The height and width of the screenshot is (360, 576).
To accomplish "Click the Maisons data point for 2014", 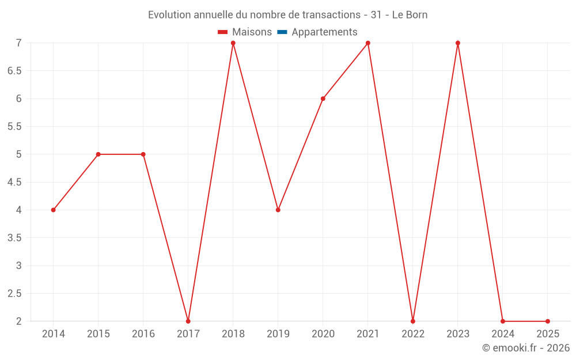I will pyautogui.click(x=54, y=210).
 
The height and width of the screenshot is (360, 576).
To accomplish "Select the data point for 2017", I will pyautogui.click(x=188, y=321).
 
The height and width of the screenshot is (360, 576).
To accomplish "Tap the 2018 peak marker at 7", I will pyautogui.click(x=233, y=43).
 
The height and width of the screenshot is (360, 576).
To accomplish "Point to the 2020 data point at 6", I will pyautogui.click(x=323, y=98).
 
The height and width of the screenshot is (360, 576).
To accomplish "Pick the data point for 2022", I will pyautogui.click(x=413, y=321).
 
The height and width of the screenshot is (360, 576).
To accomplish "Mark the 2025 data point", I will pyautogui.click(x=548, y=321).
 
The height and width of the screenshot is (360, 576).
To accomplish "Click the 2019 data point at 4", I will pyautogui.click(x=278, y=210).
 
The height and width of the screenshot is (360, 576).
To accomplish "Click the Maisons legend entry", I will pyautogui.click(x=245, y=32).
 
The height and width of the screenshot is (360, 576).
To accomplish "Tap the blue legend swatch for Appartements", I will pyautogui.click(x=282, y=32).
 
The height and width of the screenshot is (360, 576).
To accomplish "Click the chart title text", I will pyautogui.click(x=288, y=15).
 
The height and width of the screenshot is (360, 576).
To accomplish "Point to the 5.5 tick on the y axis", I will pyautogui.click(x=14, y=126).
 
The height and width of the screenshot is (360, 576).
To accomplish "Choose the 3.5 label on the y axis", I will pyautogui.click(x=14, y=237).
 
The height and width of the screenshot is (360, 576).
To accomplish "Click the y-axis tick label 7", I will pyautogui.click(x=19, y=43).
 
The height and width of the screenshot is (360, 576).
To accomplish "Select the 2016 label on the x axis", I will pyautogui.click(x=143, y=334).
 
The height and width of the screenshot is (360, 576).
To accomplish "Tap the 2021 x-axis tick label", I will pyautogui.click(x=368, y=334).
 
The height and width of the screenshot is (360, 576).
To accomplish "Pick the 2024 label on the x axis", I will pyautogui.click(x=503, y=334).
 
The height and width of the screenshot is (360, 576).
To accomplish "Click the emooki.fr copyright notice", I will pyautogui.click(x=525, y=348).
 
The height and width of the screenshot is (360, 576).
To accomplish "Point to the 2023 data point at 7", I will pyautogui.click(x=458, y=43).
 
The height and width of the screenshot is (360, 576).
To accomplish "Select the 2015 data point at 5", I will pyautogui.click(x=98, y=154).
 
